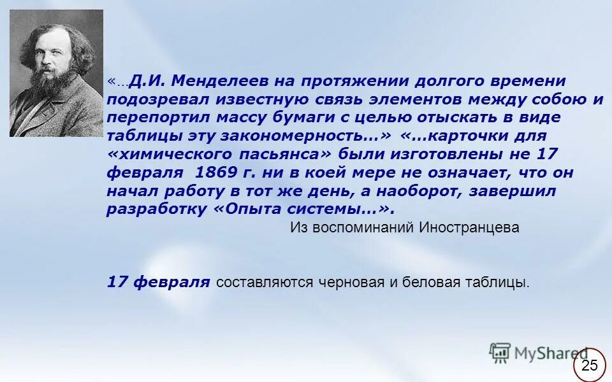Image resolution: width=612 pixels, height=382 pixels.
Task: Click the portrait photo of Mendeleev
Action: click(x=56, y=73)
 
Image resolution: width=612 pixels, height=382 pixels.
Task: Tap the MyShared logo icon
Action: click(x=500, y=352)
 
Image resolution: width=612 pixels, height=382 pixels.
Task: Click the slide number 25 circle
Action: click(x=590, y=365)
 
